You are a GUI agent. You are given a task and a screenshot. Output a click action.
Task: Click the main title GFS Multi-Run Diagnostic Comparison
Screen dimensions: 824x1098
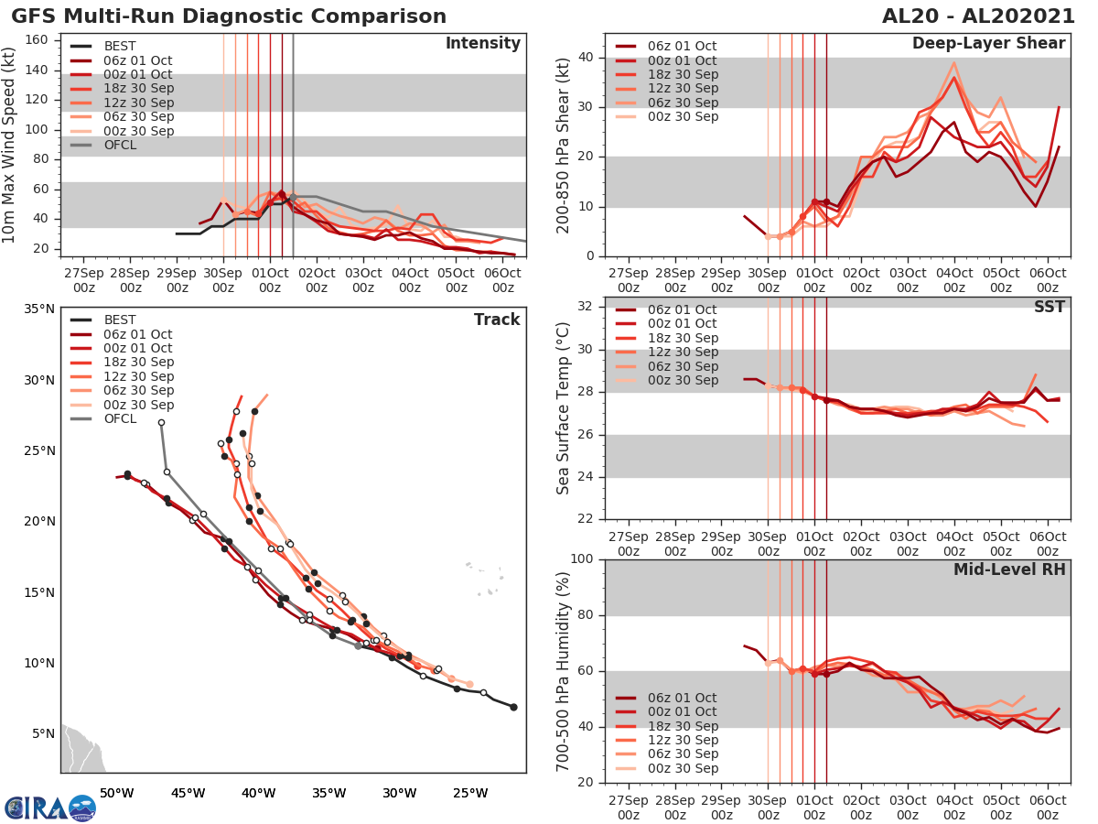(230, 16)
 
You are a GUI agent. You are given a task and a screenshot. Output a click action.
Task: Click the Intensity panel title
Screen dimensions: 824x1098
(483, 44)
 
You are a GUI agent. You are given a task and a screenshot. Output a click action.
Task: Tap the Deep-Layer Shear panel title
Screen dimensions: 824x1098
(988, 44)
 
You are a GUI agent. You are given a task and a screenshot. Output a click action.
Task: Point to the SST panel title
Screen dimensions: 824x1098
(1049, 307)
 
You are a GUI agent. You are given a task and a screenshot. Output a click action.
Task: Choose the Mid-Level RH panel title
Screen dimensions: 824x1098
(1009, 569)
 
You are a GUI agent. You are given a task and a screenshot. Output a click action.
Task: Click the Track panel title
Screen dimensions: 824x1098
(497, 320)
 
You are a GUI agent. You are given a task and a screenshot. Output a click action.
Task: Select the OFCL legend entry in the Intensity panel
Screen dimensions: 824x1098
(119, 145)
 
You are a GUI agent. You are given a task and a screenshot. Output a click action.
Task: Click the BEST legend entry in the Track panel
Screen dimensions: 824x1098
(120, 320)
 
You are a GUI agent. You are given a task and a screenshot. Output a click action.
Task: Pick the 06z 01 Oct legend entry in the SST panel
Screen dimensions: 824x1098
(683, 309)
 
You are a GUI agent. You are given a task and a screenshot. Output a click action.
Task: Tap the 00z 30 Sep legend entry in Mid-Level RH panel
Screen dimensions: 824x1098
(683, 768)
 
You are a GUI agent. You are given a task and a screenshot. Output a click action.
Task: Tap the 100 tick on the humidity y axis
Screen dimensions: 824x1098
(584, 559)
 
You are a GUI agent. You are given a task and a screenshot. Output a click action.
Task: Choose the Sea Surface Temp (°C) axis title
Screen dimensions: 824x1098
(563, 408)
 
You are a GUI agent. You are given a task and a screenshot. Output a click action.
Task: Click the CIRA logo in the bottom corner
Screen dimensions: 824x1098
(49, 808)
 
